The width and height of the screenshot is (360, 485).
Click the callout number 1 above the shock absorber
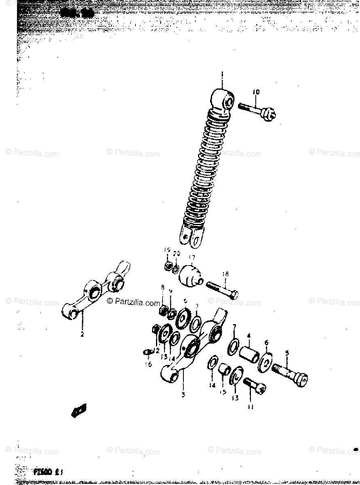[222, 75]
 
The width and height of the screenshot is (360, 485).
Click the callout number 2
[82, 334]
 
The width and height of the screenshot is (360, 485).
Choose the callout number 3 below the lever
[183, 394]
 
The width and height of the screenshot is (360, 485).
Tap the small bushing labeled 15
[225, 369]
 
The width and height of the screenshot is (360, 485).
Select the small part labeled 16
[147, 352]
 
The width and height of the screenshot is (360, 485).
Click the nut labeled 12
[155, 329]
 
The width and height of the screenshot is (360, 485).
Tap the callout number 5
[287, 353]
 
